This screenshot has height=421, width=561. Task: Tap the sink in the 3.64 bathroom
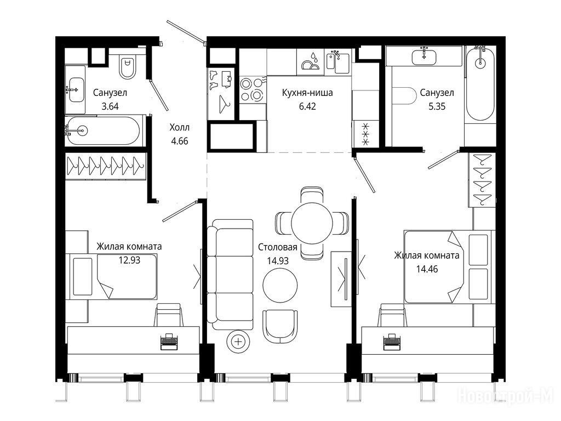76,89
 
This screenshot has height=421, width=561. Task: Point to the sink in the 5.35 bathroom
424,56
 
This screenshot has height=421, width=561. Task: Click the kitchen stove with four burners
253,89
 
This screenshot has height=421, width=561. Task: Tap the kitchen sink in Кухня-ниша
337,62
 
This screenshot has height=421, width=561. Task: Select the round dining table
312,223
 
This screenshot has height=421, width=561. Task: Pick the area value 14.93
278,261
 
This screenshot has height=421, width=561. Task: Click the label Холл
179,127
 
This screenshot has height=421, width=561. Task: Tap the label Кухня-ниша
307,93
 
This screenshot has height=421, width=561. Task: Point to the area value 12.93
129,260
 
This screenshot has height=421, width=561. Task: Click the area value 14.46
427,269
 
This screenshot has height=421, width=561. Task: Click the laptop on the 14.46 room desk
392,342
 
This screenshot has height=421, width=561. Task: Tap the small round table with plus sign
238,342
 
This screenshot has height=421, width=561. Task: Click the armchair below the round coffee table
280,326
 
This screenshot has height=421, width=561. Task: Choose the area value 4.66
179,141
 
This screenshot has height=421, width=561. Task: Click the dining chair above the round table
312,195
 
